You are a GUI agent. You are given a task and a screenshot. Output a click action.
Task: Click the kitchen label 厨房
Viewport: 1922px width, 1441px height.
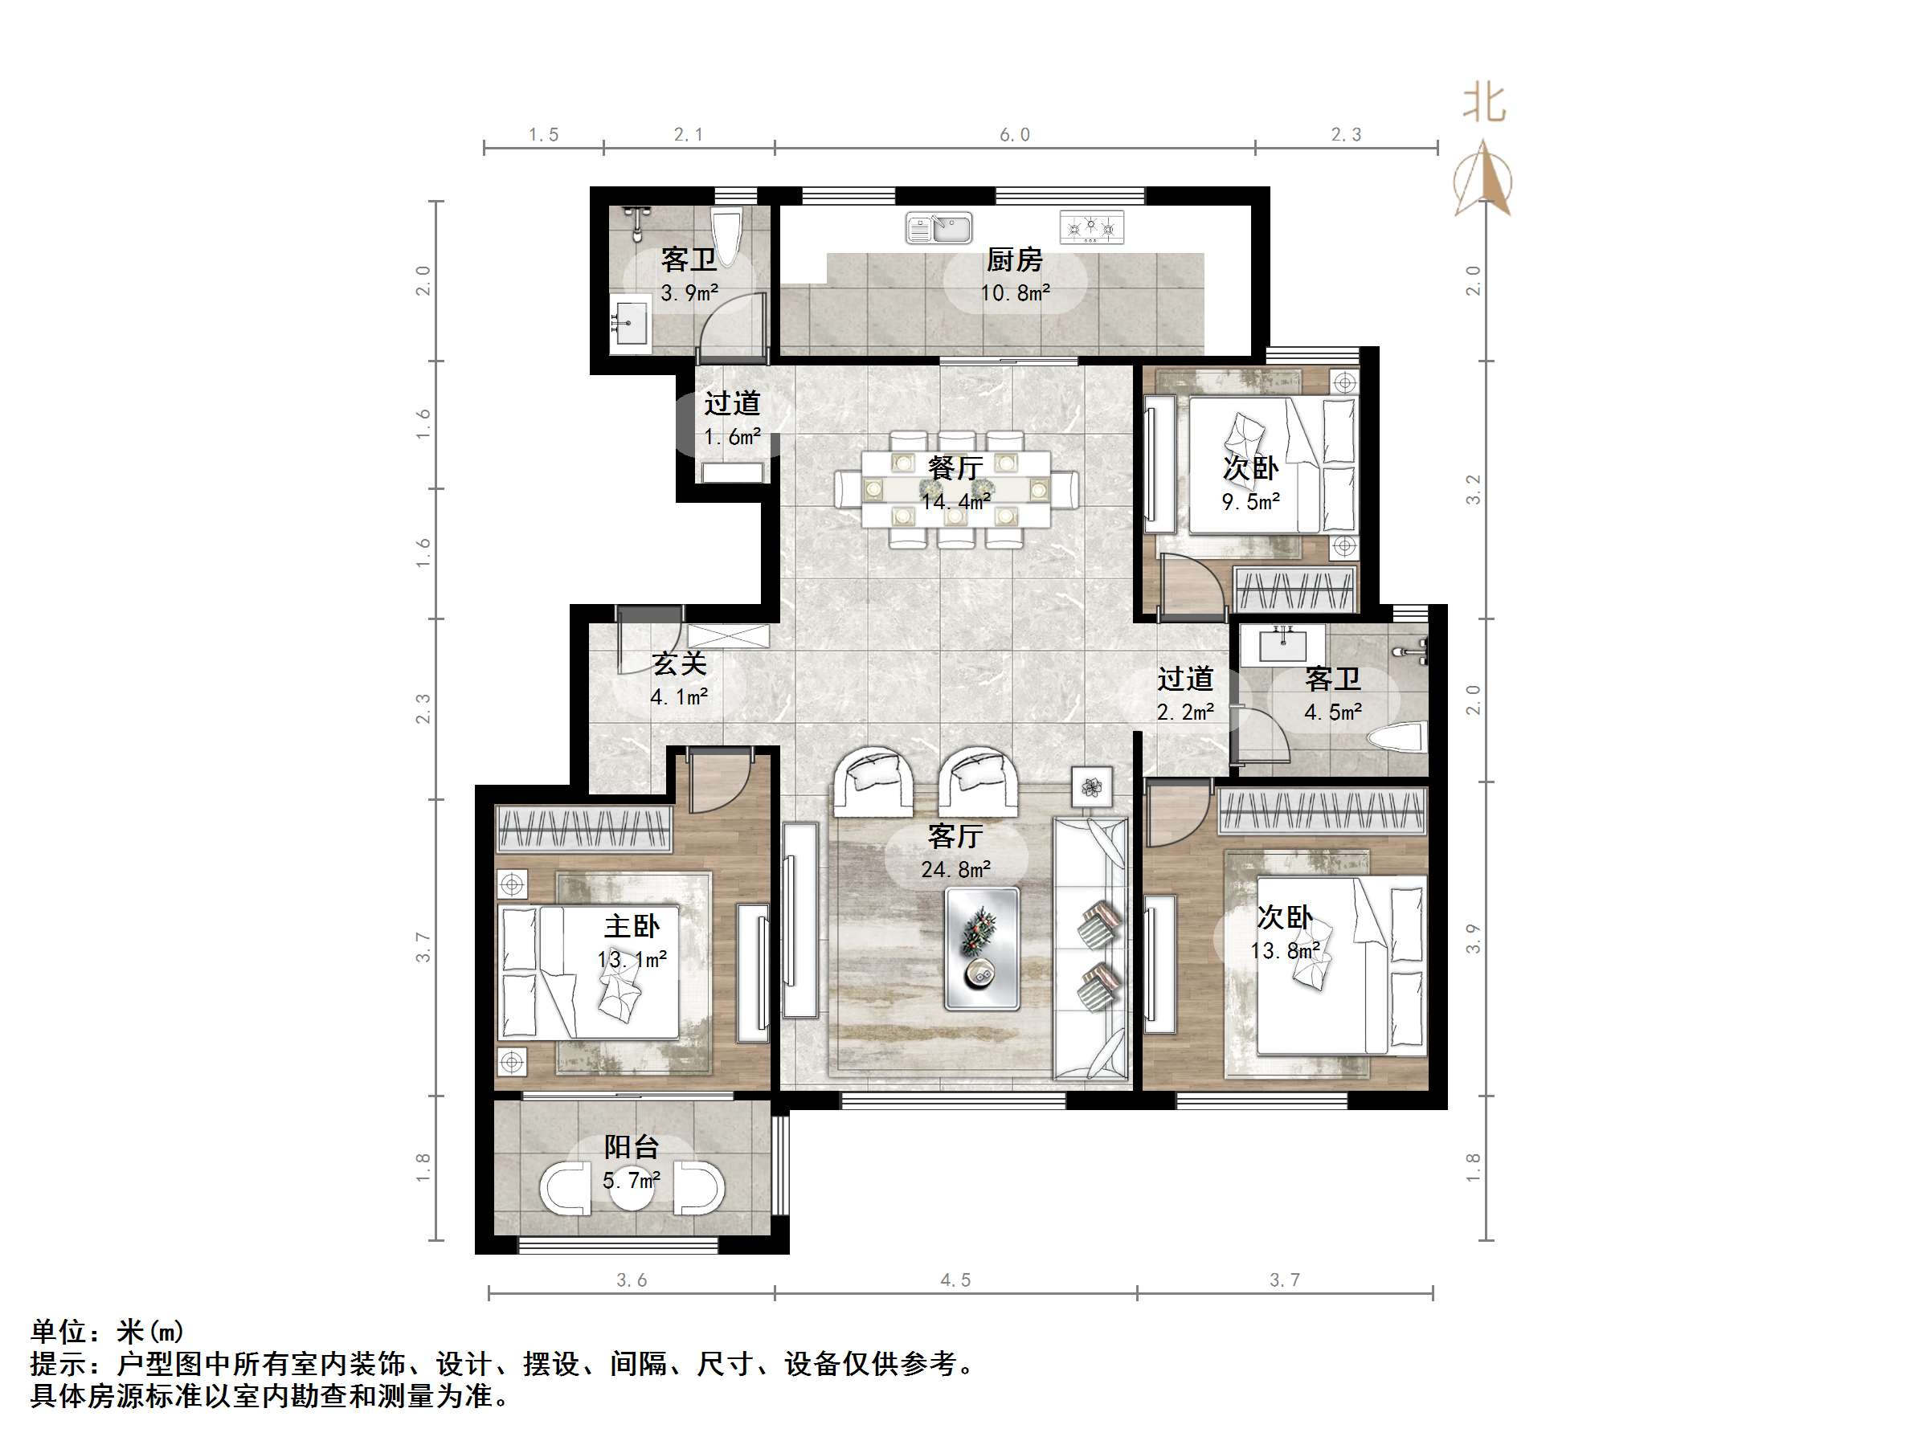(1014, 259)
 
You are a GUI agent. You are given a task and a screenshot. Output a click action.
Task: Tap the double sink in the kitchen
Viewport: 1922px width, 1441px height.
(939, 229)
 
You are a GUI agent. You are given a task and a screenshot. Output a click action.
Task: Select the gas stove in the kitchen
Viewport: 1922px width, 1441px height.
(1091, 228)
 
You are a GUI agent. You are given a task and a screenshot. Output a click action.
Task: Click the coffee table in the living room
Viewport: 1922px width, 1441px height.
(982, 949)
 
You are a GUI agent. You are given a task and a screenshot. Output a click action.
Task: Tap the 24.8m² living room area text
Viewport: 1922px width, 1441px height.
(956, 869)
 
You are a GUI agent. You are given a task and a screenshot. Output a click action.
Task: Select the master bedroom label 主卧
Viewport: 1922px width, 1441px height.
(632, 926)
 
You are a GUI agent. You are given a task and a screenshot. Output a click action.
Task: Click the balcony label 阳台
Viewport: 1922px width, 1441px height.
(632, 1146)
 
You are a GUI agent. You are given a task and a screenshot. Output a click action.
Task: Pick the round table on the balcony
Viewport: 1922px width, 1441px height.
(631, 1189)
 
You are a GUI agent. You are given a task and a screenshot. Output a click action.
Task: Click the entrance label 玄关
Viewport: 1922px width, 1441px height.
(679, 663)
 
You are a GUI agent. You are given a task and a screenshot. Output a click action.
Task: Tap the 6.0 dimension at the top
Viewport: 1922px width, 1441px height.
(1014, 135)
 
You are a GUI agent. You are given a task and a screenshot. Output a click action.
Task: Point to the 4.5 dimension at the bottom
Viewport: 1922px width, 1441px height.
(955, 1280)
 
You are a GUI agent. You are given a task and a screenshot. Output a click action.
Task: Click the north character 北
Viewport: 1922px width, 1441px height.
(1484, 104)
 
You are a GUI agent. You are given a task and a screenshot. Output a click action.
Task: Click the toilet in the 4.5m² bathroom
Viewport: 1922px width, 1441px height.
(1397, 739)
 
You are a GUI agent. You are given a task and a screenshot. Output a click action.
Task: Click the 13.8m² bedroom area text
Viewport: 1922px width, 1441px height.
(1285, 951)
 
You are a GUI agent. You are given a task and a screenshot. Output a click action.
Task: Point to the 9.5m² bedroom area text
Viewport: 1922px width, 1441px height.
(1250, 502)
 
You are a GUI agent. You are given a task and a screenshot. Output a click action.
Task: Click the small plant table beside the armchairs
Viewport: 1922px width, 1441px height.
(1092, 788)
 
